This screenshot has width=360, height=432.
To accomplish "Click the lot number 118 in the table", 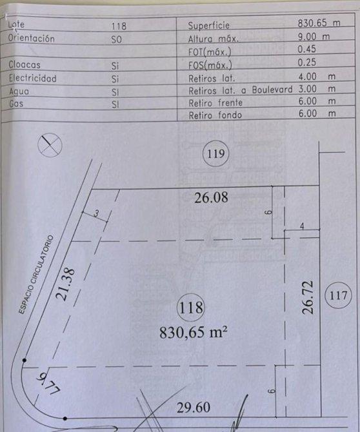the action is point(119,26).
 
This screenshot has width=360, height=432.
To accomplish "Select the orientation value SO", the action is point(116,40).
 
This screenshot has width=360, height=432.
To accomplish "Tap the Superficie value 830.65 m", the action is point(319,23).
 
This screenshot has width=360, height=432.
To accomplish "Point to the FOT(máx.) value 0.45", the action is point(307,49).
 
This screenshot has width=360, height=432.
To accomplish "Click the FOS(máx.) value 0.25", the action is point(307,63).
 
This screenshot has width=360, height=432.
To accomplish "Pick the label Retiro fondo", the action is point(215,115).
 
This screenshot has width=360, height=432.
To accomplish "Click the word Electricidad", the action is point(32,78).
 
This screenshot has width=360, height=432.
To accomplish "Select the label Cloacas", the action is point(25,64).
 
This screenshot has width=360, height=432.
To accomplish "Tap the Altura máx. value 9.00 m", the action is point(314,36).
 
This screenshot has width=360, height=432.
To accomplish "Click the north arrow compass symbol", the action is point(50,145).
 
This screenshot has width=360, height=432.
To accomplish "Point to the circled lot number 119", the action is point(215,153).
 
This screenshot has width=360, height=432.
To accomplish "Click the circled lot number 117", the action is point(338,295).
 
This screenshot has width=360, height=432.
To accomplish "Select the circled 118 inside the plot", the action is point(191,308).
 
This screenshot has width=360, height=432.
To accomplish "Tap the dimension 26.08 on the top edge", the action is point(211,197).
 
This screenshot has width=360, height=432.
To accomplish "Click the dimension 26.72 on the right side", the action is point(308,297).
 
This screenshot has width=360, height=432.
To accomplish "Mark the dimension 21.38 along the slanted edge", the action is point(65,284).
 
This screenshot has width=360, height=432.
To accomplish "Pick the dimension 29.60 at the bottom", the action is point(194,407).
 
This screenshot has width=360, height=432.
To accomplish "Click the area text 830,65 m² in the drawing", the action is point(194,332).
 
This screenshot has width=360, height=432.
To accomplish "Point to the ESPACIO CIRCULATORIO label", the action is point(36,274).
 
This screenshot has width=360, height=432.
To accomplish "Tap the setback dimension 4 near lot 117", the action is point(302,226).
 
